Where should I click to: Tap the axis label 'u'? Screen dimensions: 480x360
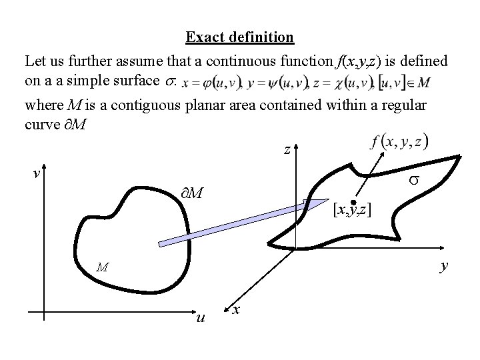pos(200,318)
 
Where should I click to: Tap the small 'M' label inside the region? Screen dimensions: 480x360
pos(102,267)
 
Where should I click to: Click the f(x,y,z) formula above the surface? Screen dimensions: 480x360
pos(399,141)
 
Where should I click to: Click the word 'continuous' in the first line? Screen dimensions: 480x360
pos(241,62)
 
